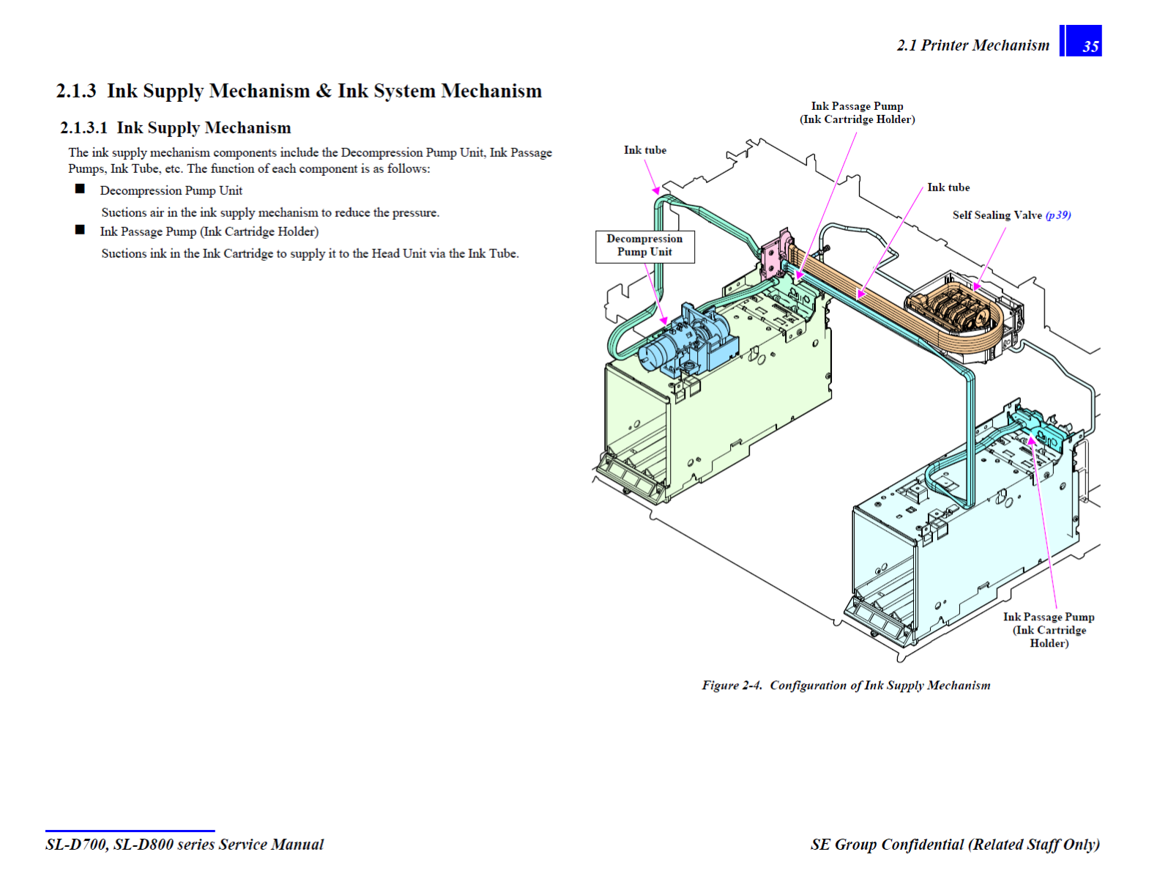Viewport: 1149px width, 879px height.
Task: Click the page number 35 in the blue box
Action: tap(1090, 47)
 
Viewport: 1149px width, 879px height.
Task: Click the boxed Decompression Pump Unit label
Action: tap(645, 247)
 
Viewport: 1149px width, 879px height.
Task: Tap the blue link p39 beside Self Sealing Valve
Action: tap(1058, 215)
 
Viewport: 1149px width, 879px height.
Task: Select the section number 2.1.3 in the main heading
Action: tap(76, 91)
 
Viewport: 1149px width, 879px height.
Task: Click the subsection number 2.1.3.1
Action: tap(83, 127)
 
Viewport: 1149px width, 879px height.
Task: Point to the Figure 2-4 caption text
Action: tap(846, 686)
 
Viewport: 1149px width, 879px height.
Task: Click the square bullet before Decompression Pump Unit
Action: tap(80, 189)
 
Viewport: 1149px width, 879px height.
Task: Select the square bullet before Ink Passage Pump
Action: tap(80, 230)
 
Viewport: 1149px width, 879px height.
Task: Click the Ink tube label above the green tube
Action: tap(645, 150)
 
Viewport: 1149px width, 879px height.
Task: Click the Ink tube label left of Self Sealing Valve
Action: tap(948, 188)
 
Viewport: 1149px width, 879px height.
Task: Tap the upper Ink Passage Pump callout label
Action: tap(857, 113)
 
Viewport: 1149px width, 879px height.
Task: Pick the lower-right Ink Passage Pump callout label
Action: tap(1049, 630)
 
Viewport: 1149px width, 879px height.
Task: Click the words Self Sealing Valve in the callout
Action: tap(997, 215)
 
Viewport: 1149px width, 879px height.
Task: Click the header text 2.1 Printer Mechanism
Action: tap(973, 45)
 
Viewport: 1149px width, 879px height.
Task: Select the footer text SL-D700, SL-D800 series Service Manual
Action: tap(185, 845)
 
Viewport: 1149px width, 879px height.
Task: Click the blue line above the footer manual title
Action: tap(130, 831)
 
